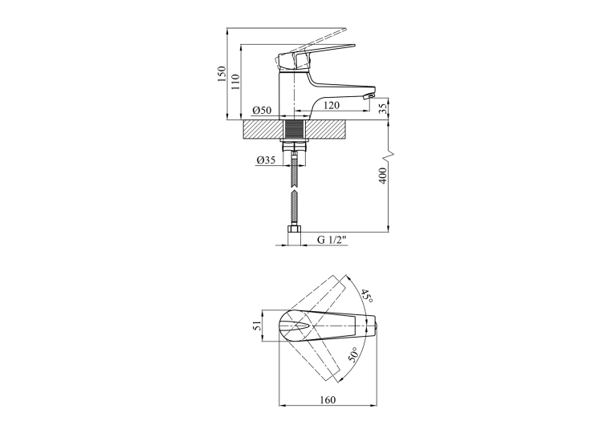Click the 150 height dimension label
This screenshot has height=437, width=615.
click(x=222, y=74)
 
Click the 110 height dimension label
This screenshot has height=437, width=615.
click(x=235, y=82)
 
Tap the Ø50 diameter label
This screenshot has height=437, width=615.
click(x=263, y=111)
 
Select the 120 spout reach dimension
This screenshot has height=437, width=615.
click(x=332, y=105)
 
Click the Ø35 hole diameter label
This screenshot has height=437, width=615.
click(x=267, y=160)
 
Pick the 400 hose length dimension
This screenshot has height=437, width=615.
click(x=383, y=176)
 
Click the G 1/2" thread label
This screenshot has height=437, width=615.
click(x=332, y=240)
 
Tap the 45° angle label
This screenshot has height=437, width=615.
click(x=367, y=296)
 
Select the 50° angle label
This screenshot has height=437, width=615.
click(x=353, y=354)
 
